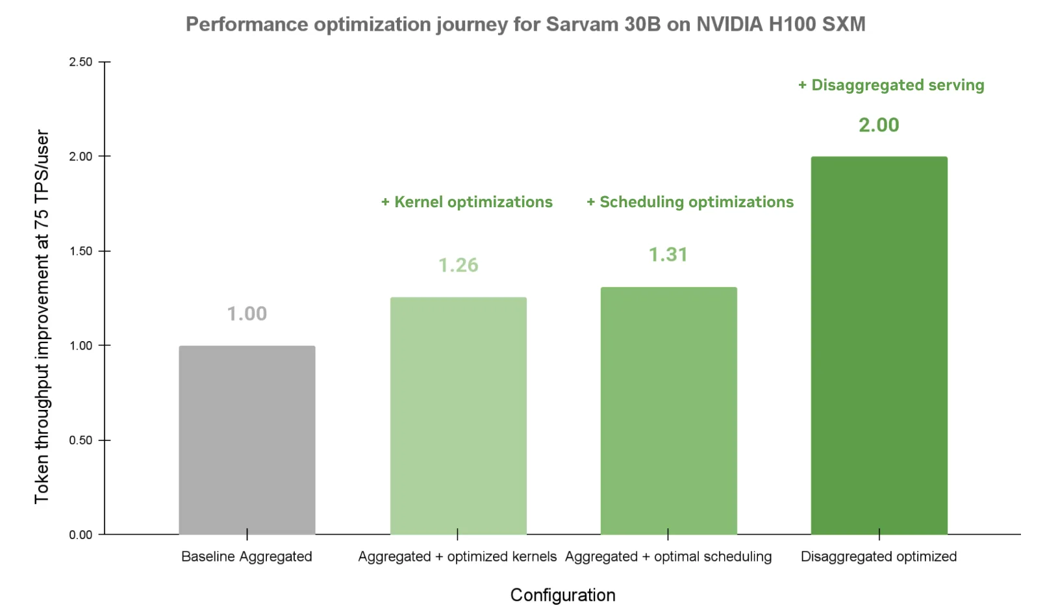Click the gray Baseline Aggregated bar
[x=247, y=440]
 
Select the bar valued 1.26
[x=458, y=416]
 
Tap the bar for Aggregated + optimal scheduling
[x=668, y=411]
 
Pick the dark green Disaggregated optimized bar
[x=879, y=346]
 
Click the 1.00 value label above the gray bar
[x=247, y=314]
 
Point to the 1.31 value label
[x=668, y=255]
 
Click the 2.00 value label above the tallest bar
[x=879, y=125]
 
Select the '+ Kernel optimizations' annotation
[x=466, y=202]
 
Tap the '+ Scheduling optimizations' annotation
[x=690, y=202]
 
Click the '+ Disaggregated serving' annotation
[x=891, y=85]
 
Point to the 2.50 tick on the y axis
[x=81, y=62]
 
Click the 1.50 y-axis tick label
[x=81, y=251]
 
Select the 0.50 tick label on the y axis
[x=81, y=440]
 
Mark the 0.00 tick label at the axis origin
[x=81, y=535]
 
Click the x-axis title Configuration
[x=562, y=595]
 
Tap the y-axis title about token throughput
[x=42, y=316]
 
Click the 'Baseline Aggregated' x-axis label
[x=247, y=557]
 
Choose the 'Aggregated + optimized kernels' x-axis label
[x=457, y=557]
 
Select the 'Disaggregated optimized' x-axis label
[x=879, y=557]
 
